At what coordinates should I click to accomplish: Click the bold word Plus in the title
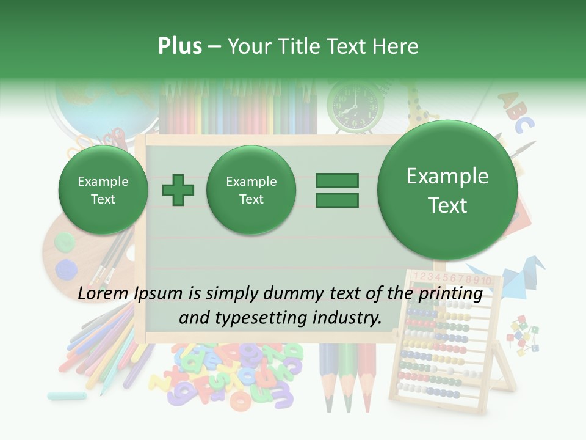pyautogui.click(x=179, y=46)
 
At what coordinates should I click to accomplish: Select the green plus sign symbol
pyautogui.click(x=178, y=189)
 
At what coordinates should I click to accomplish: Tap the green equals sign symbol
pyautogui.click(x=337, y=189)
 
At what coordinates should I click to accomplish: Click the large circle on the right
pyautogui.click(x=447, y=190)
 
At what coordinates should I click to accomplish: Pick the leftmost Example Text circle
pyautogui.click(x=103, y=190)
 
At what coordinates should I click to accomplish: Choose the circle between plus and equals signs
pyautogui.click(x=251, y=190)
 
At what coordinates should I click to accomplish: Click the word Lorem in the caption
pyautogui.click(x=103, y=294)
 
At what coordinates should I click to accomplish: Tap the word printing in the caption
pyautogui.click(x=452, y=294)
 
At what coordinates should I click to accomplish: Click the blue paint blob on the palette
pyautogui.click(x=66, y=268)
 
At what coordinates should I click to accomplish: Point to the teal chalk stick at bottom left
pyautogui.click(x=67, y=395)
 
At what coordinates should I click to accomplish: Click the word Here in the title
pyautogui.click(x=397, y=46)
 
